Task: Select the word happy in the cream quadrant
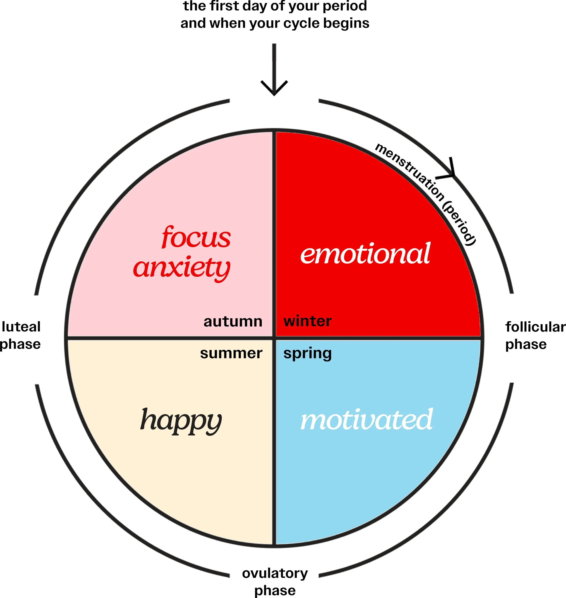pyautogui.click(x=181, y=421)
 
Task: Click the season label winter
pyautogui.click(x=307, y=321)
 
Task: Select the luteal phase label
pyautogui.click(x=21, y=335)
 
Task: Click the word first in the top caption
pyautogui.click(x=223, y=6)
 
